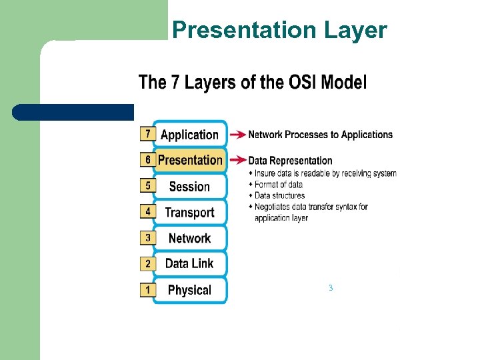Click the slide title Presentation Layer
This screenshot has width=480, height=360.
(x=279, y=30)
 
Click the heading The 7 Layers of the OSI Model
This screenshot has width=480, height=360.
(x=252, y=83)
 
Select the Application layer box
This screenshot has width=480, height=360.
(x=190, y=135)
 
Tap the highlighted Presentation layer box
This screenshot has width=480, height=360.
(x=190, y=160)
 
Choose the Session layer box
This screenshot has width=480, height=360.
(x=190, y=187)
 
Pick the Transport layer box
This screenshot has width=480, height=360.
(x=190, y=213)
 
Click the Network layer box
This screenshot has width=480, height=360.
(x=190, y=238)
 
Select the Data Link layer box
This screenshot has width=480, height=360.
(x=190, y=263)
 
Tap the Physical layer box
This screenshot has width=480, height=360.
(x=190, y=290)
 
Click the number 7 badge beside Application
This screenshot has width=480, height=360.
(x=147, y=134)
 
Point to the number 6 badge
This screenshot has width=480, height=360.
(x=147, y=160)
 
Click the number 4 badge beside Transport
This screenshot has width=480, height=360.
(x=147, y=212)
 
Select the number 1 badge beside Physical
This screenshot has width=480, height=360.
(x=147, y=290)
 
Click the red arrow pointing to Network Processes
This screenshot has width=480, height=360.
(x=237, y=135)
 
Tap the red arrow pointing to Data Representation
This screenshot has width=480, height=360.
(x=237, y=160)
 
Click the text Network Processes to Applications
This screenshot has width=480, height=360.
(x=321, y=135)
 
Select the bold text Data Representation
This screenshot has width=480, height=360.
(x=290, y=160)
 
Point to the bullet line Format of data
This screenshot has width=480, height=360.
(x=278, y=185)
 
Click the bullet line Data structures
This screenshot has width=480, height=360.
(x=279, y=195)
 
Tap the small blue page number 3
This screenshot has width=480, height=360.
(x=330, y=288)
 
